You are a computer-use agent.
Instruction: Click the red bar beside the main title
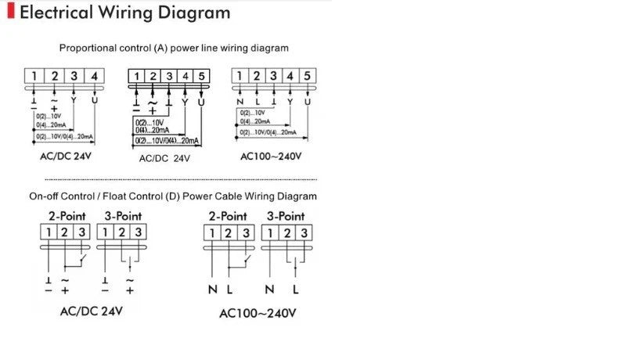[x=9, y=13]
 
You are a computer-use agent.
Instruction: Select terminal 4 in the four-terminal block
[x=94, y=76]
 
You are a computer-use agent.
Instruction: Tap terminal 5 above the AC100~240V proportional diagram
[x=308, y=76]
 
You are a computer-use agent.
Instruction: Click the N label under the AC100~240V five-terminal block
[x=239, y=102]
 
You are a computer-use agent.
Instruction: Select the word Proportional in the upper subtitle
[x=92, y=48]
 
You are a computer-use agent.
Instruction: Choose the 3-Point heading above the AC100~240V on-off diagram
[x=286, y=215]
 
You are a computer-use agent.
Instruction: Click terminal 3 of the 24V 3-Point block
[x=138, y=232]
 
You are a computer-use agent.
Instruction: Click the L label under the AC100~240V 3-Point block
[x=296, y=290]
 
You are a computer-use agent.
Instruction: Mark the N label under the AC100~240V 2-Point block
[x=212, y=290]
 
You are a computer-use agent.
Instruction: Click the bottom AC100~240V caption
[x=257, y=314]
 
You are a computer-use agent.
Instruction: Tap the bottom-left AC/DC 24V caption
[x=91, y=311]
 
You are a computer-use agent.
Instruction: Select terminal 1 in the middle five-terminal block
[x=136, y=76]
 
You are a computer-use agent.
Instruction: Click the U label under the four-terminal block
[x=95, y=101]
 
